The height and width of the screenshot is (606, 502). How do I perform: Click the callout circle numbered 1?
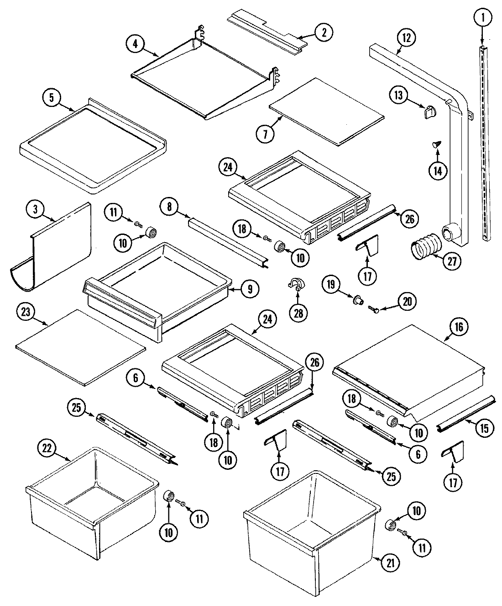pyautogui.click(x=482, y=19)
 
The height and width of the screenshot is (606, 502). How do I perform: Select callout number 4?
pyautogui.click(x=135, y=44)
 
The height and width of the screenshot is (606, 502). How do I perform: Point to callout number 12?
pyautogui.click(x=406, y=38)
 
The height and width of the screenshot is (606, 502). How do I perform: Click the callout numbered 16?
pyautogui.click(x=459, y=327)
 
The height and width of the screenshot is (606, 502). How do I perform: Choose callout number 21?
pyautogui.click(x=389, y=563)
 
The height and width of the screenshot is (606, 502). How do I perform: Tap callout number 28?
pyautogui.click(x=299, y=313)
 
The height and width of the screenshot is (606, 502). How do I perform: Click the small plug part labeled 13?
pyautogui.click(x=429, y=111)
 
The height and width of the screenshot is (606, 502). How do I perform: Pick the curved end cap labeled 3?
pyautogui.click(x=55, y=251)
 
